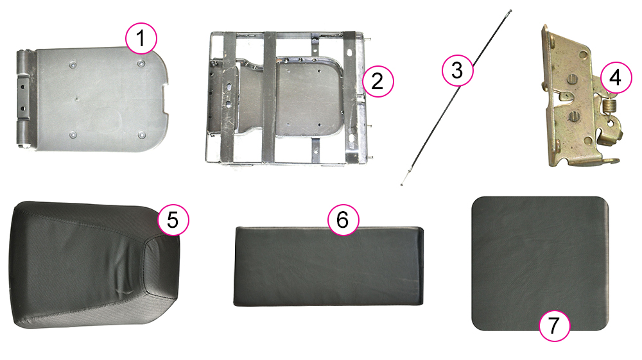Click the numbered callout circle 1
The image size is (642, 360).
point(141,39)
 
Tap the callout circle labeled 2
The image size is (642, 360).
point(377,81)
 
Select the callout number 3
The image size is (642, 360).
point(457,71)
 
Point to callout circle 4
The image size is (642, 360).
point(616,78)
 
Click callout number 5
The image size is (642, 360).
point(173,220)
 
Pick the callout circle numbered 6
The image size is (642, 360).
point(343,219)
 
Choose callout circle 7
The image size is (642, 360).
point(555,325)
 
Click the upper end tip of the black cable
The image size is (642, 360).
point(510,11)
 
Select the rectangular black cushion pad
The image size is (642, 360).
point(328,266)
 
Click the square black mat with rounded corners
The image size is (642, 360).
point(540,264)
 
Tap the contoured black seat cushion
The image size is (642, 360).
point(94,264)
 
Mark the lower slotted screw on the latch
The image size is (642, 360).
point(574,117)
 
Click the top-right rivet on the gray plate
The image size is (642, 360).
point(141,64)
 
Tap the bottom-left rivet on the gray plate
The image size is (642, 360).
point(73,135)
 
